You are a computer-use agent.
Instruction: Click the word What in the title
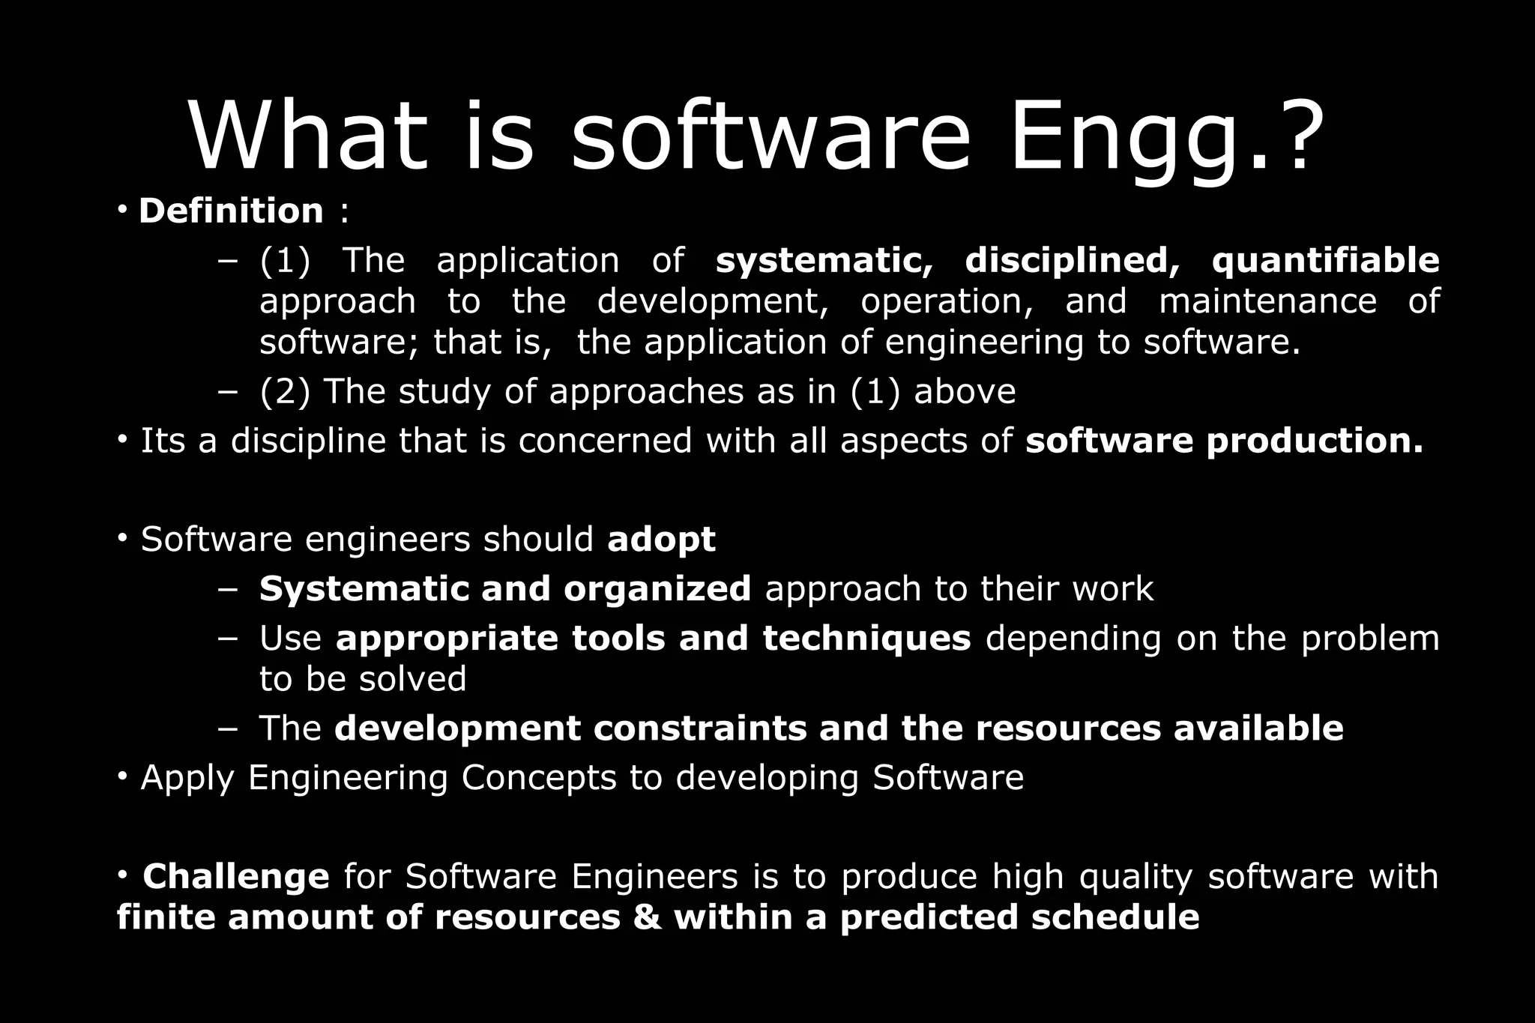(x=308, y=136)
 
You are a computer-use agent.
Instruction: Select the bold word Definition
(x=231, y=211)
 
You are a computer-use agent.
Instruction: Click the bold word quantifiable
(x=1325, y=260)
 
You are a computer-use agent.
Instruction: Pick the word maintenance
(x=1267, y=301)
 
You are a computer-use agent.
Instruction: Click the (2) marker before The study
(x=284, y=391)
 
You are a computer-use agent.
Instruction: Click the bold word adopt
(x=661, y=540)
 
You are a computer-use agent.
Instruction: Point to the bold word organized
(x=657, y=589)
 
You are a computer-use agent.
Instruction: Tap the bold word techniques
(x=866, y=639)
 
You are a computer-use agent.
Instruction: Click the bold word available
(x=1258, y=728)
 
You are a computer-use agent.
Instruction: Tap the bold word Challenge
(x=236, y=876)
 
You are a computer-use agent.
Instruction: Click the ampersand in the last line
(x=648, y=917)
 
